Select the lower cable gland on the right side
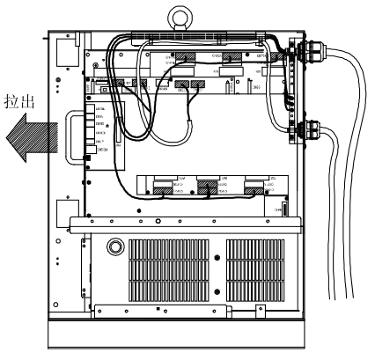(305, 134)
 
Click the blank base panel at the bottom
(180, 334)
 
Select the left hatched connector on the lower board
(164, 186)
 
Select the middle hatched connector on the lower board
(209, 186)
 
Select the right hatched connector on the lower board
(254, 186)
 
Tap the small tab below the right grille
(260, 311)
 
